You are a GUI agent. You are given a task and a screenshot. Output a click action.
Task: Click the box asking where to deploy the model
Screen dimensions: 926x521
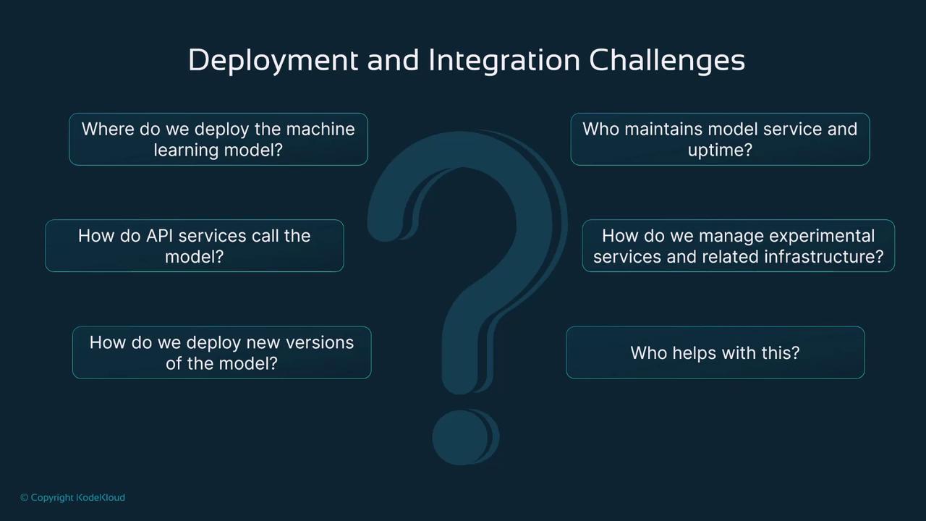pyautogui.click(x=218, y=140)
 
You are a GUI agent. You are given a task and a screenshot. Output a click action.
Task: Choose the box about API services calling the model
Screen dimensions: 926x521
pyautogui.click(x=195, y=245)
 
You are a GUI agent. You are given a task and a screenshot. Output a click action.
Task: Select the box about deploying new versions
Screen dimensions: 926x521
pyautogui.click(x=221, y=352)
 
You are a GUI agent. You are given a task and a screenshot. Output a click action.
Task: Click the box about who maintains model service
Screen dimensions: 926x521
pyautogui.click(x=720, y=140)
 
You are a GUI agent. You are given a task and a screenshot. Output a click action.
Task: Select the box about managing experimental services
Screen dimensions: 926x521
pyautogui.click(x=739, y=245)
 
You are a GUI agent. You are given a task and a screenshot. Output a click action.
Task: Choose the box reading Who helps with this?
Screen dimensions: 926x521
pyautogui.click(x=715, y=352)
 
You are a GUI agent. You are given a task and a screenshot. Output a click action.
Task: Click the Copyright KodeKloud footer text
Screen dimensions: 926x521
pyautogui.click(x=73, y=497)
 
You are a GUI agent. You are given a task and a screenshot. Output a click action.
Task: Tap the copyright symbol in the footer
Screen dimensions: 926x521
pyautogui.click(x=25, y=497)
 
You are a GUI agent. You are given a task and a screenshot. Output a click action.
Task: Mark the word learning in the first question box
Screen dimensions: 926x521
pyautogui.click(x=186, y=150)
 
